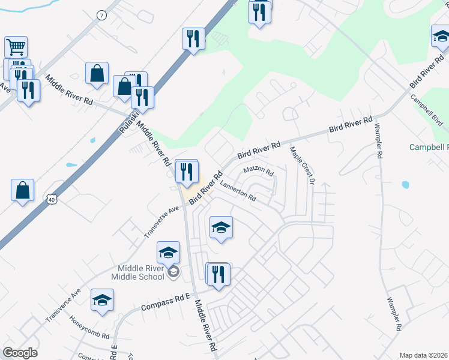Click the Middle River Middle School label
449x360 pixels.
pos(137,272)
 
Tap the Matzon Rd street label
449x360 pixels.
pos(259,171)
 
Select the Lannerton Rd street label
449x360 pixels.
pos(238,191)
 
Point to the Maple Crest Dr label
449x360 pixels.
pos(301,163)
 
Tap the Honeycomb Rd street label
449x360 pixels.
pos(89,327)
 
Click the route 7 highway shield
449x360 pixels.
pos(101,16)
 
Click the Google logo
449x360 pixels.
pos(20,353)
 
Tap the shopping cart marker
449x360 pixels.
pos(16,47)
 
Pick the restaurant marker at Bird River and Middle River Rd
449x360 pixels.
pos(186,172)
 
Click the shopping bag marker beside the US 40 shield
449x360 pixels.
pos(22,191)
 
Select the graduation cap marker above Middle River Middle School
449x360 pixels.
pos(169,253)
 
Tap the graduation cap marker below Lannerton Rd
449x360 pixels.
pos(221,227)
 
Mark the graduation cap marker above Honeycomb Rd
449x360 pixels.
pos(103,300)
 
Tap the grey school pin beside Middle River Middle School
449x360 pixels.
pos(173,273)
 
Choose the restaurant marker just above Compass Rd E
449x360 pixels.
pos(218,275)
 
